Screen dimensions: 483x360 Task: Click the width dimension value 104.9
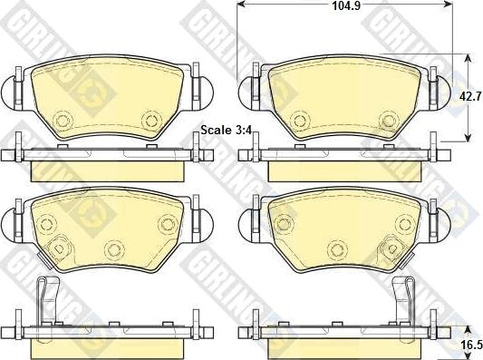346,5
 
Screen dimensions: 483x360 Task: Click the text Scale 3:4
227,130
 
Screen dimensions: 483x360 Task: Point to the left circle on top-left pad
63,120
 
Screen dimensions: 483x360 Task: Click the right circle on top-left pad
151,120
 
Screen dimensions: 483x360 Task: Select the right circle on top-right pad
389,120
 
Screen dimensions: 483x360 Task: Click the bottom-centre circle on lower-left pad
114,250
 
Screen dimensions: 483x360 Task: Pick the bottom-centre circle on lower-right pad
337,249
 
